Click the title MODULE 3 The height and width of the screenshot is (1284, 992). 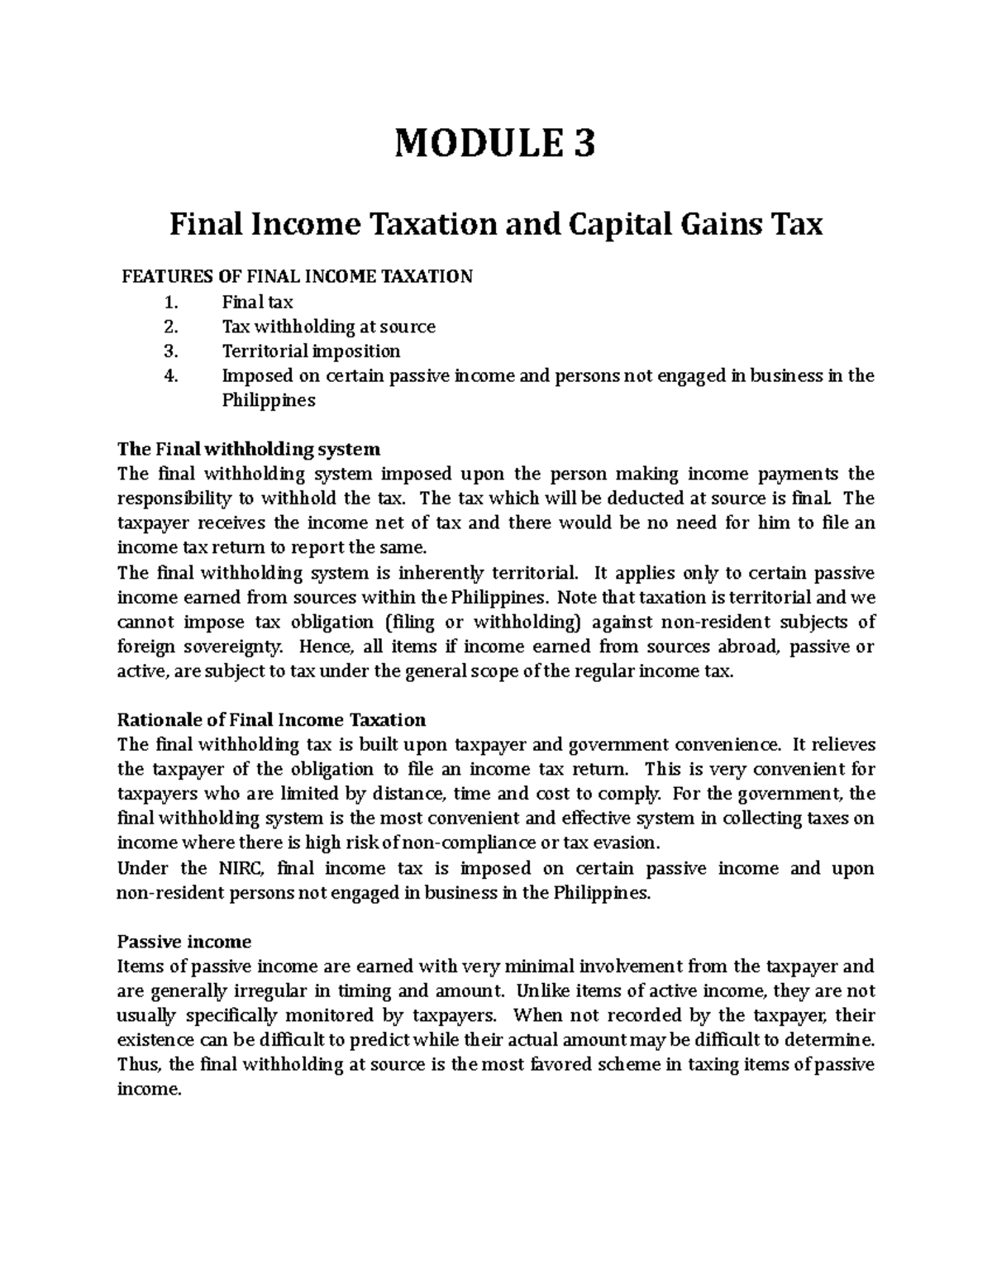pyautogui.click(x=494, y=145)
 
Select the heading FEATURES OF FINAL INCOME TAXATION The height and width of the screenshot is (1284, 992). pyautogui.click(x=297, y=277)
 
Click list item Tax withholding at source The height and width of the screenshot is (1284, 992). pyautogui.click(x=328, y=327)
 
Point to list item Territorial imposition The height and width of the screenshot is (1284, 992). pyautogui.click(x=311, y=351)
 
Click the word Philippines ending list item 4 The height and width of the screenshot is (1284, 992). pyautogui.click(x=269, y=401)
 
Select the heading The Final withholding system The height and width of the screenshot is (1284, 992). pyautogui.click(x=249, y=450)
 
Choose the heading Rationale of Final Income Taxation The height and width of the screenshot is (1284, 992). pyautogui.click(x=271, y=720)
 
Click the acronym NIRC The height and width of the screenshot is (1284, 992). pyautogui.click(x=241, y=869)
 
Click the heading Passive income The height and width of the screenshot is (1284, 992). pyautogui.click(x=184, y=942)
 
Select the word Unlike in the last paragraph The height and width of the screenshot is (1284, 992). pyautogui.click(x=541, y=991)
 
